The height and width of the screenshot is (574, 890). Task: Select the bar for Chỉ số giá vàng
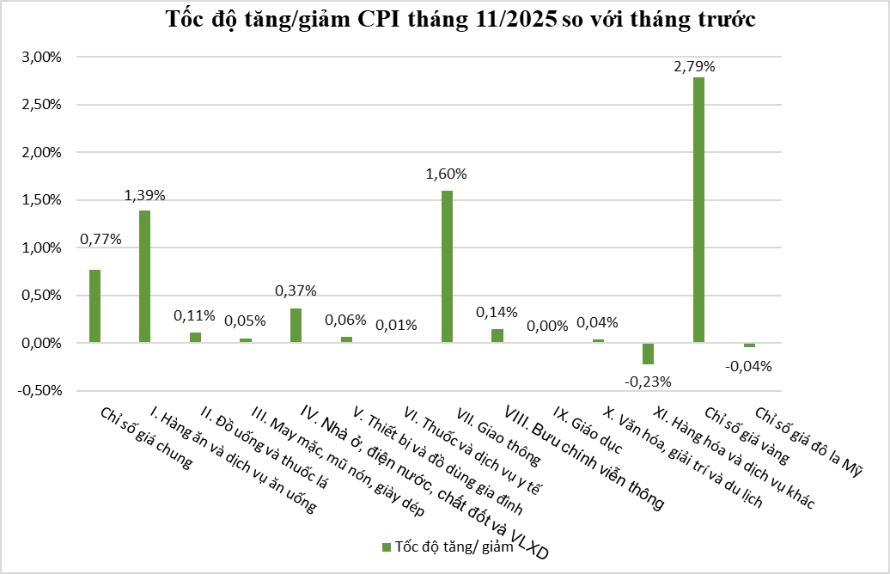click(x=698, y=210)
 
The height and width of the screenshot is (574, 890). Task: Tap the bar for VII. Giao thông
click(x=447, y=266)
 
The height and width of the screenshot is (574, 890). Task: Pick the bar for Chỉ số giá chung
click(x=94, y=306)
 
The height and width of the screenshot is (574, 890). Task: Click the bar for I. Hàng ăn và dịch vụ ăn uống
click(x=145, y=277)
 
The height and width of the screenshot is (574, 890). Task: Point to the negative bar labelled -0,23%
click(x=649, y=353)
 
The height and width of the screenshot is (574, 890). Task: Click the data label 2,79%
click(x=696, y=65)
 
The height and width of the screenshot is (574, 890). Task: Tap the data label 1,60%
click(x=447, y=174)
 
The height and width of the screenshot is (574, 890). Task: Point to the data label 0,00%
click(x=547, y=326)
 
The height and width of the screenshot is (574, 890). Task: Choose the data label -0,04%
click(x=749, y=365)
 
